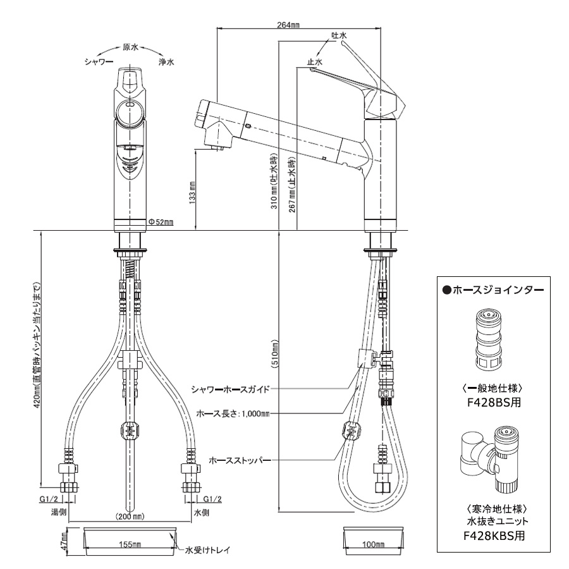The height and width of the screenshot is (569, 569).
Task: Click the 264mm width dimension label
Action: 288,25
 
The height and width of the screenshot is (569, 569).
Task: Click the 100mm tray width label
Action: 374,544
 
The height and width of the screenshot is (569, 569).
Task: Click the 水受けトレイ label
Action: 206,550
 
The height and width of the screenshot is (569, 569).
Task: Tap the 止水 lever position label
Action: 314,62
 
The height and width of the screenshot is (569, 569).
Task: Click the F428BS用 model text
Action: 494,402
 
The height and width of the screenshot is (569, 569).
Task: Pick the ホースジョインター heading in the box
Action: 493,290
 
